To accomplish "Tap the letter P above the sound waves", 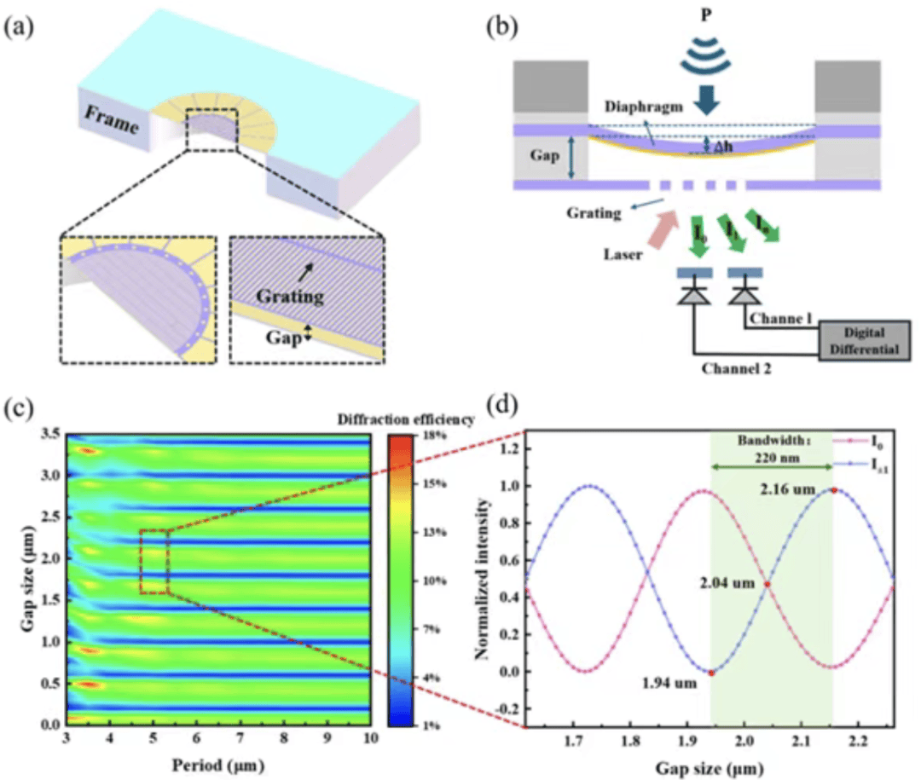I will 705,16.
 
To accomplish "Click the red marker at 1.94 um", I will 711,673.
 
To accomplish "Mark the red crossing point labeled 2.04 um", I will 767,585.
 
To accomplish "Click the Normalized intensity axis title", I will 484,580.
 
